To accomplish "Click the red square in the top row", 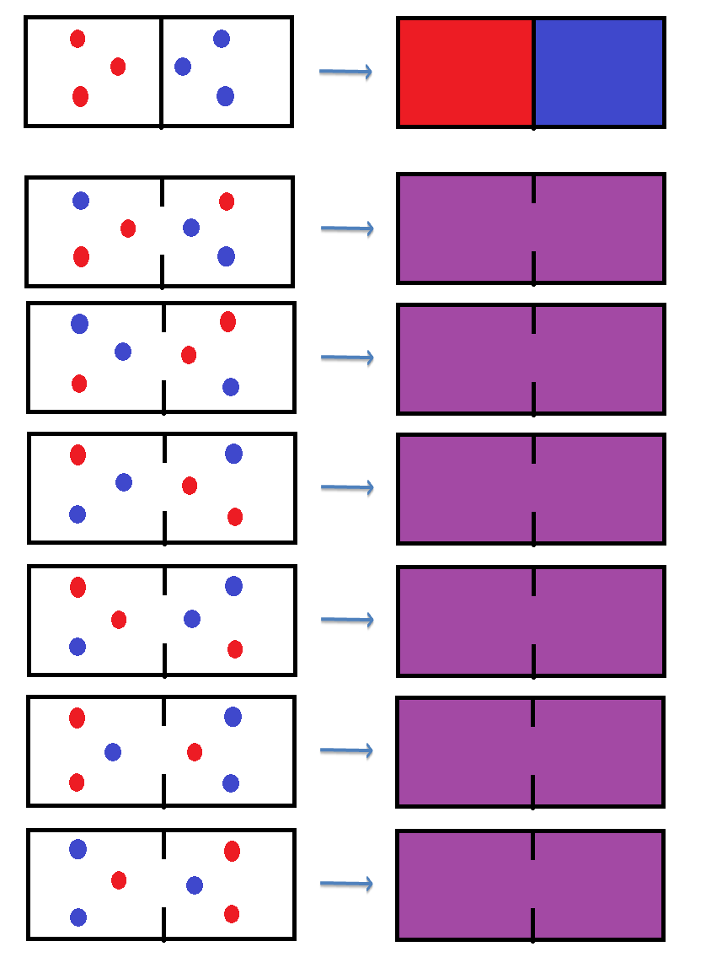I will click(466, 73).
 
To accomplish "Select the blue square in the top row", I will click(599, 73).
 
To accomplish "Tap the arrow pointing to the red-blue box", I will click(345, 72).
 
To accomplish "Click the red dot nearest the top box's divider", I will click(118, 67).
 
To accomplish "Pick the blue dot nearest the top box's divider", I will click(183, 66).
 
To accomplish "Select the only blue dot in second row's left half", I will click(81, 201).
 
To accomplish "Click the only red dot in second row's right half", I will click(227, 202).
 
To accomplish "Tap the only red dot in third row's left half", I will click(79, 384).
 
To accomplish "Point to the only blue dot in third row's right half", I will click(231, 387).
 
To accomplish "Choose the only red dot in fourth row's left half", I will click(78, 455).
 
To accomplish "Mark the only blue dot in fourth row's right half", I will click(234, 454).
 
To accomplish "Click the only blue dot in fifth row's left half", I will click(78, 647).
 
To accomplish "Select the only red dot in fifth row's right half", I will click(235, 649).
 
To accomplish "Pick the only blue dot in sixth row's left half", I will click(113, 752).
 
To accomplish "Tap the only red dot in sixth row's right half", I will click(195, 752).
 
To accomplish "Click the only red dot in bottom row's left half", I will click(119, 880).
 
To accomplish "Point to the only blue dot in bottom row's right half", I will click(195, 885).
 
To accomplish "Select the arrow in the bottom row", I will click(346, 884).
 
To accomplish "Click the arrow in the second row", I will click(347, 228).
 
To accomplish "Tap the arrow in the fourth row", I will click(347, 487).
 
